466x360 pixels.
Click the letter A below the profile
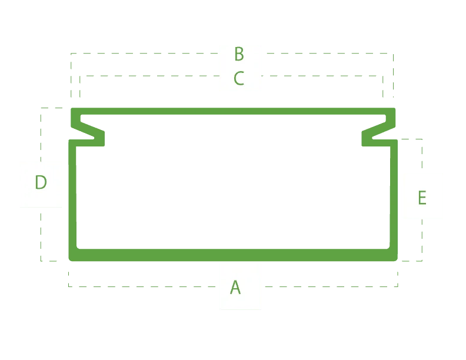point(235,287)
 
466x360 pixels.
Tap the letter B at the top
point(239,54)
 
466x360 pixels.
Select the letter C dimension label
point(239,78)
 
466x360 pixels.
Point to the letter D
point(41,182)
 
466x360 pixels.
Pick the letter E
point(422,198)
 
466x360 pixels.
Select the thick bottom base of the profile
point(233,255)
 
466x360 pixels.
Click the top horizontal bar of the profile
point(233,111)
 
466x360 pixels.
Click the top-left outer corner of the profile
point(71,108)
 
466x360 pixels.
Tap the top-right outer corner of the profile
point(395,108)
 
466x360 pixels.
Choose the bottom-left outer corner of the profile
point(69,261)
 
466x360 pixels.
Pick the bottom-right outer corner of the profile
point(397,261)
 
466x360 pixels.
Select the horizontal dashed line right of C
point(322,76)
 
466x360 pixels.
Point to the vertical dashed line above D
point(41,135)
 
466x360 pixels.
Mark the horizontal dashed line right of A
point(331,286)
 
